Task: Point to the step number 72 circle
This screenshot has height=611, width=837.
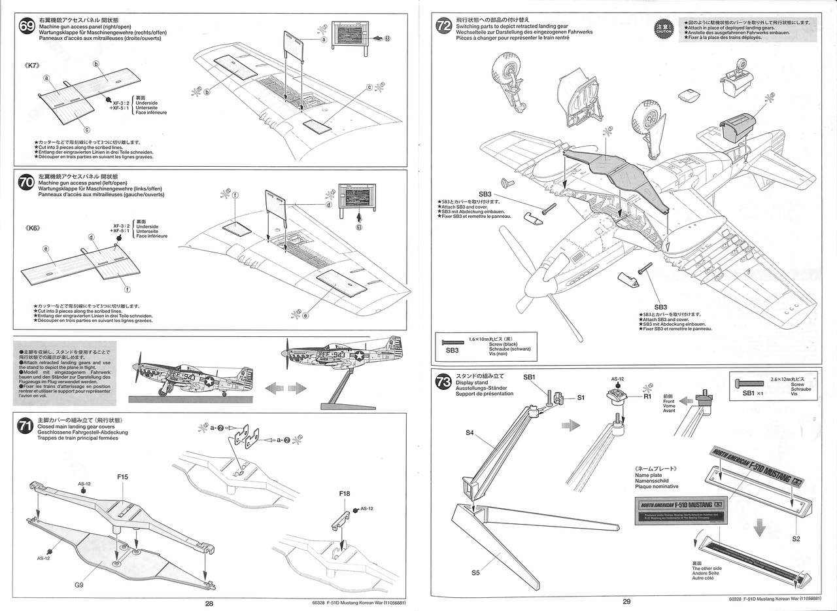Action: coord(443,26)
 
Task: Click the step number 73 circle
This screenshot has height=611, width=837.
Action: coord(443,383)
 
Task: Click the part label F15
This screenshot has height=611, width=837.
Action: coord(122,477)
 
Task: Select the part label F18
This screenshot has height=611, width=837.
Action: coord(345,494)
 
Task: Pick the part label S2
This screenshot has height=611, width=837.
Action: coord(796,538)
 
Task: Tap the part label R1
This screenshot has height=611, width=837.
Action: coord(647,396)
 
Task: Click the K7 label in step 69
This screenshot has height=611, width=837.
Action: coord(33,66)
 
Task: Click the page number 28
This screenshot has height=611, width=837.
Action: coord(209,603)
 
